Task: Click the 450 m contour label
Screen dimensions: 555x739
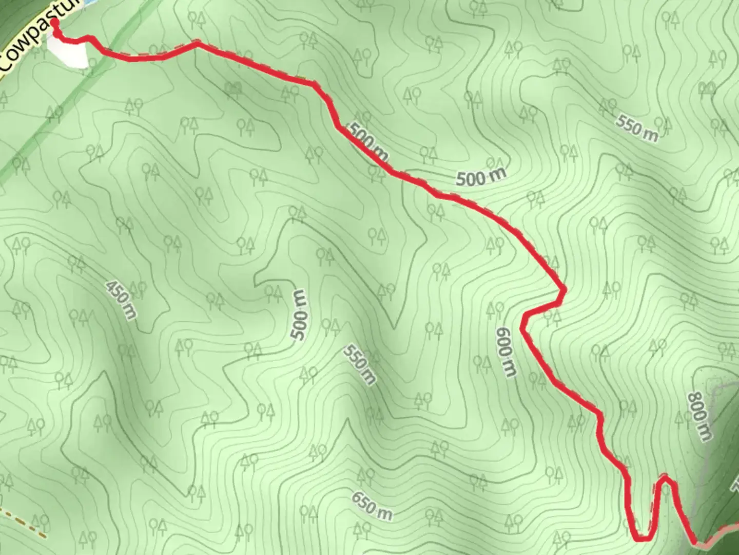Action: click(x=121, y=300)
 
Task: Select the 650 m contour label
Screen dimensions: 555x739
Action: click(x=372, y=506)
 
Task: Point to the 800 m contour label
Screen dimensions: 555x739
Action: click(x=699, y=416)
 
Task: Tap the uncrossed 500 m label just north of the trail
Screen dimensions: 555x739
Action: click(x=481, y=177)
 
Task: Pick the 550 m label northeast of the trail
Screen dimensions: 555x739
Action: click(x=636, y=128)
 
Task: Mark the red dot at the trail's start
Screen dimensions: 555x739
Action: click(x=54, y=23)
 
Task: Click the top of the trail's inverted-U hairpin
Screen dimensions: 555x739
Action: click(x=665, y=478)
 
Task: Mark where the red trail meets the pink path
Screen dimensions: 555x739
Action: click(x=695, y=542)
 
